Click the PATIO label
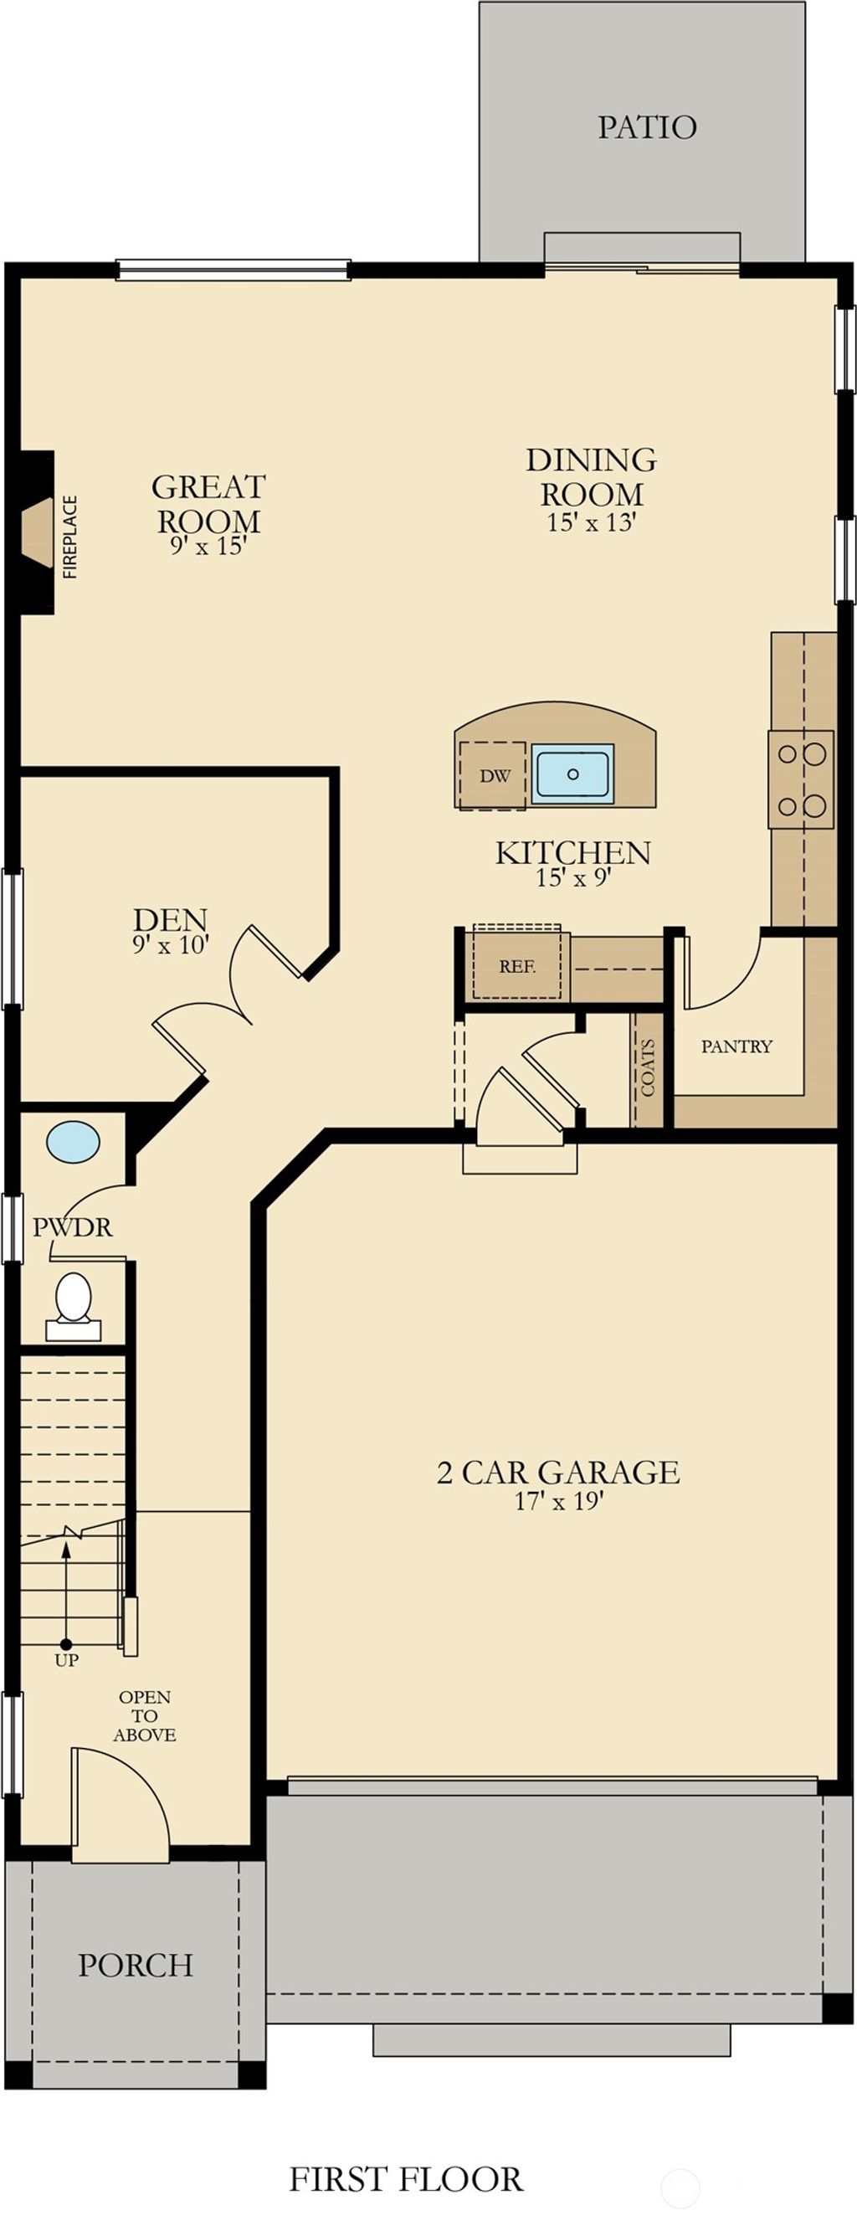[x=646, y=127]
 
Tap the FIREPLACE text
[x=70, y=537]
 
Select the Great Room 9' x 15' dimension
[x=209, y=546]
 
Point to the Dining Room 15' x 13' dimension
[x=592, y=522]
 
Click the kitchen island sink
[x=572, y=772]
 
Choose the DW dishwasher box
[x=495, y=776]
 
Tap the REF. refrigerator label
[x=517, y=966]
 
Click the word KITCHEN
[x=572, y=852]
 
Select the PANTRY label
[x=736, y=1046]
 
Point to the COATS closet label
[x=648, y=1067]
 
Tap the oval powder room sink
[x=73, y=1141]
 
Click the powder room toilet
[x=74, y=1298]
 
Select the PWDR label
[x=73, y=1227]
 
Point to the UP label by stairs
[x=67, y=1661]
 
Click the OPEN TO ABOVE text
[x=145, y=1715]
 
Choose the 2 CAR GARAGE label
[x=557, y=1473]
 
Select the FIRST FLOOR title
[x=406, y=2179]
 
